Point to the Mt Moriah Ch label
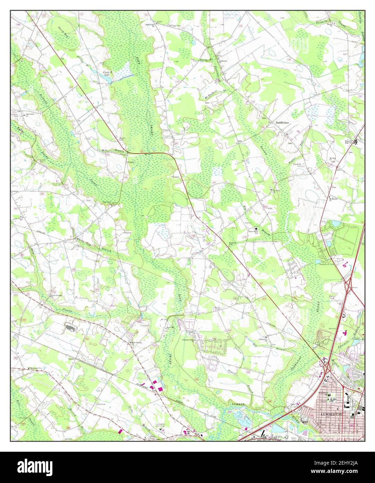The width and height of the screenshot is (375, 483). tap(334, 199)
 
